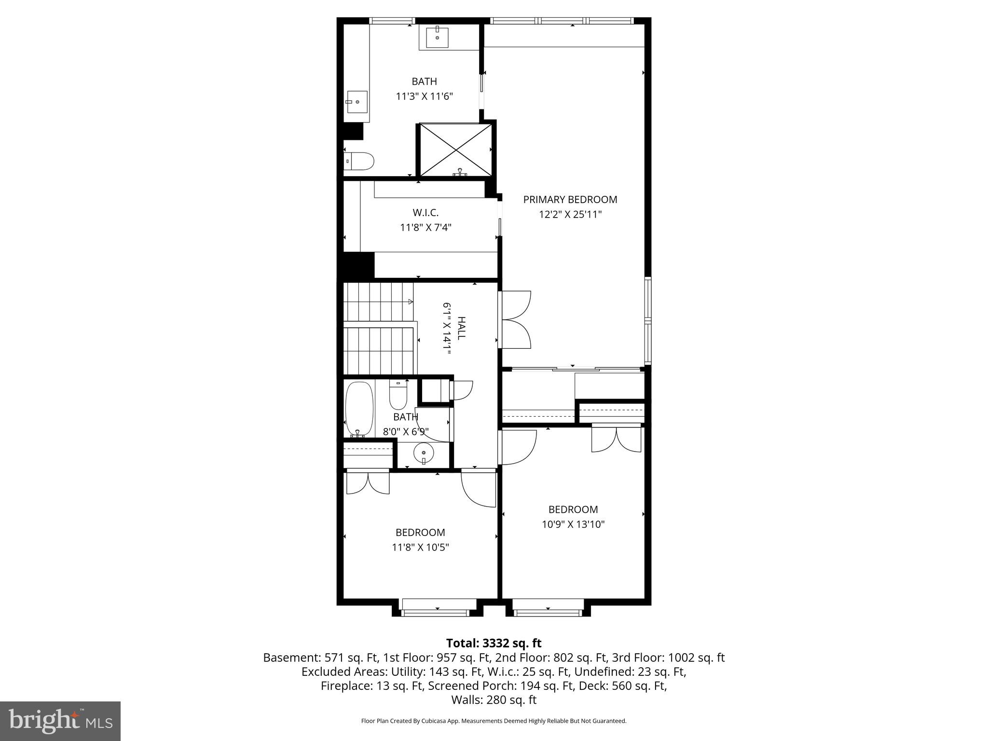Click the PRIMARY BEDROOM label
(x=570, y=199)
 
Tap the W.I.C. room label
(x=425, y=213)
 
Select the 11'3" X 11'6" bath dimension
(x=424, y=96)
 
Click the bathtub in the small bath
(x=359, y=408)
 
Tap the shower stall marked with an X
(x=456, y=150)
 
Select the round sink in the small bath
(x=424, y=453)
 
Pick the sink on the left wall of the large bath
(x=357, y=102)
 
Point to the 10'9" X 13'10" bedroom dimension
(x=573, y=524)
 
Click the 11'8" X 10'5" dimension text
(x=420, y=548)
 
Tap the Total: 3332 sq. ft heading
(x=494, y=643)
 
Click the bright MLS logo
(x=60, y=721)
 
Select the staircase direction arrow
(x=410, y=302)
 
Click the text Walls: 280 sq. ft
(x=494, y=700)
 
